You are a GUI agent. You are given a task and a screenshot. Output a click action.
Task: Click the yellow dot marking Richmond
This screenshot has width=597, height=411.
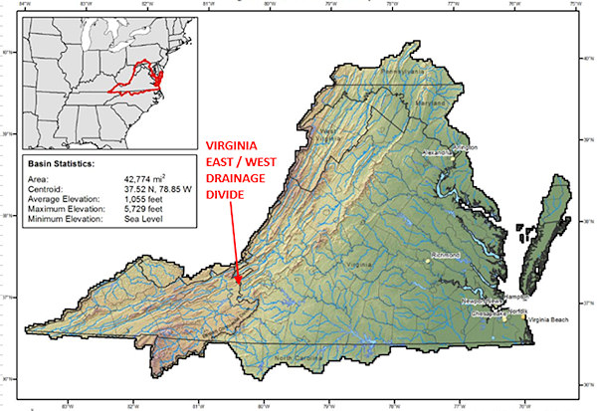(x=427, y=261)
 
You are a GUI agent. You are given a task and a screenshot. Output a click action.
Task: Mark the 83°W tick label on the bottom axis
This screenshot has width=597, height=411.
(x=69, y=404)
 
